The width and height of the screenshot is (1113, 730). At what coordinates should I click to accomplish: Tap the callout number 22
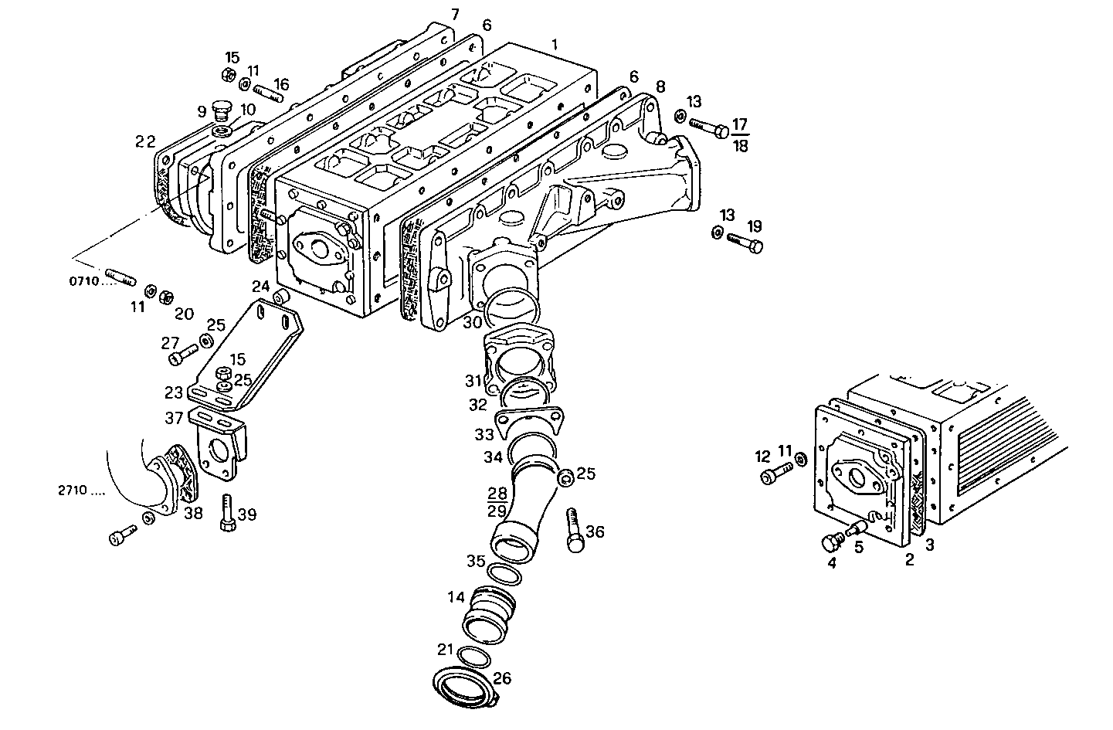(x=145, y=141)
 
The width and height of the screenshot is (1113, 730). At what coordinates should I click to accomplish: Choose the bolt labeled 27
(x=182, y=355)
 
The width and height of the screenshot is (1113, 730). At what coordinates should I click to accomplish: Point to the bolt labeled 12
(x=776, y=474)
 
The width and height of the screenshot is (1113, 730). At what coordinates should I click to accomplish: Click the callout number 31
(x=473, y=380)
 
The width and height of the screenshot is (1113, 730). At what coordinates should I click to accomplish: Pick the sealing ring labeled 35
(x=504, y=573)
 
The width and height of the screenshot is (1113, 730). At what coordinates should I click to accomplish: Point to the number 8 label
(x=660, y=86)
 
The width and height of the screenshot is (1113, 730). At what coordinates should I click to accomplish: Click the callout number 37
(x=175, y=418)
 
